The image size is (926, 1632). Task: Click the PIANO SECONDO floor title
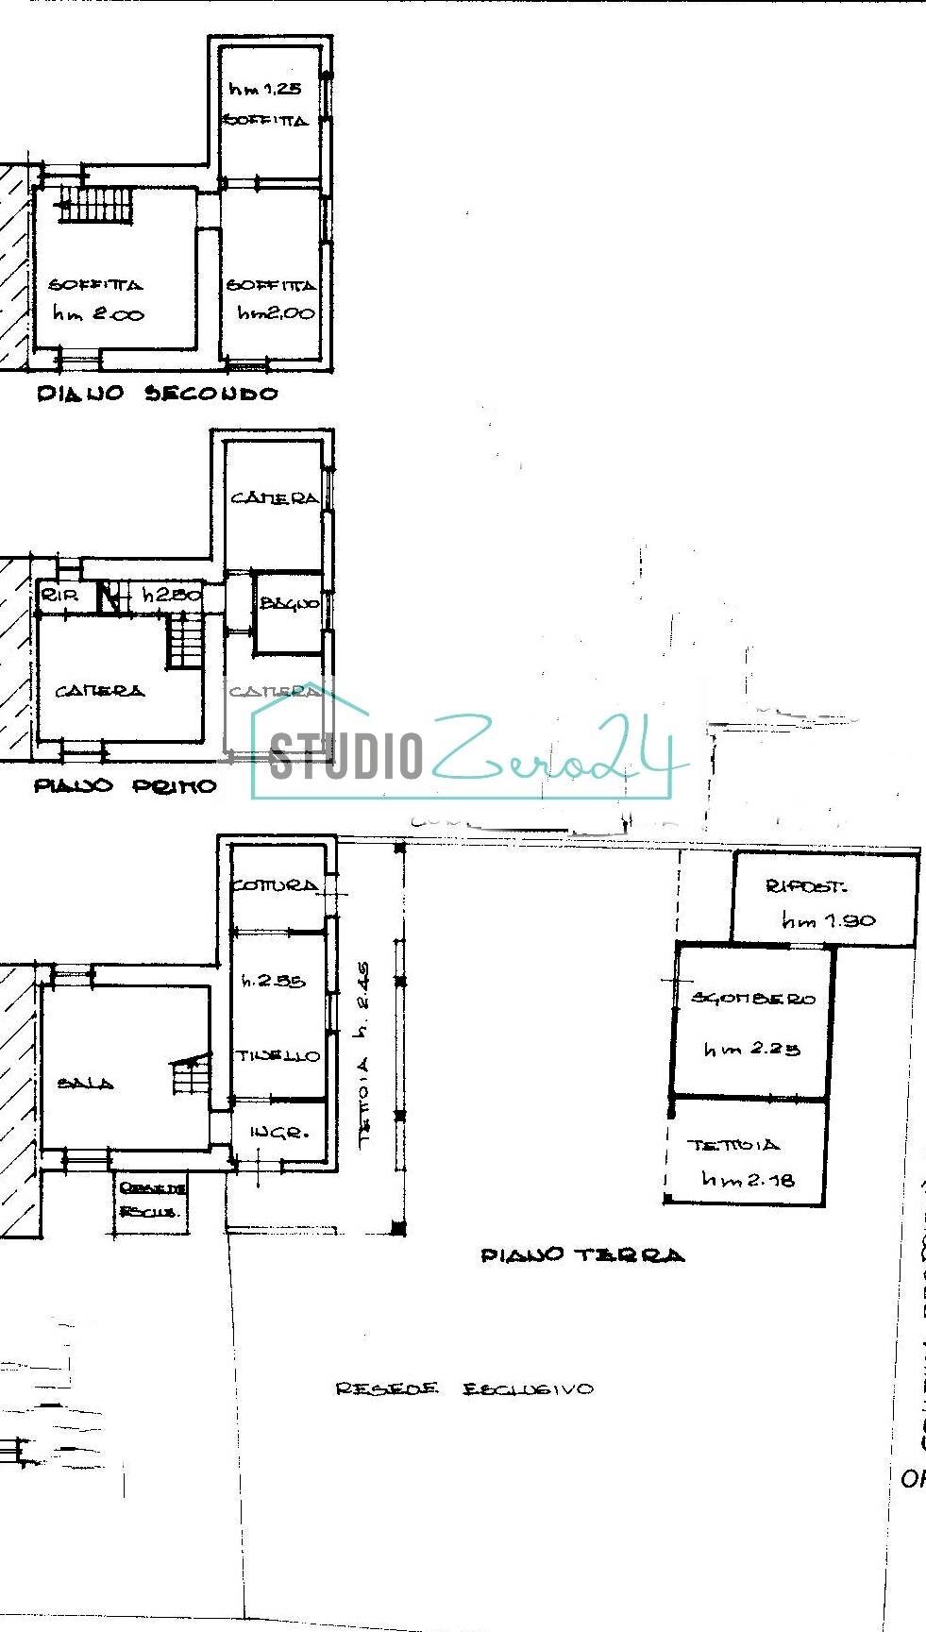click(x=158, y=394)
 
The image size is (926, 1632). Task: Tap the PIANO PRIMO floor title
click(x=126, y=785)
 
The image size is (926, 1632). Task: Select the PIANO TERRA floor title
click(x=582, y=1254)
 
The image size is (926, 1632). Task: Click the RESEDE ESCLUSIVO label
click(x=464, y=1388)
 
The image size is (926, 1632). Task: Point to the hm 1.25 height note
click(x=264, y=89)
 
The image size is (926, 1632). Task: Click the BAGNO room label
click(x=289, y=603)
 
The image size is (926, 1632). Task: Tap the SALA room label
click(x=85, y=1084)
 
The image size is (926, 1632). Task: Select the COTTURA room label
click(x=275, y=885)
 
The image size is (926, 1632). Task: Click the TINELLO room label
click(x=278, y=1056)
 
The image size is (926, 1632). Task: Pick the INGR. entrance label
click(x=279, y=1132)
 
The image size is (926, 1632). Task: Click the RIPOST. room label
click(x=806, y=886)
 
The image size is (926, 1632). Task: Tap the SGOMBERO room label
click(x=753, y=998)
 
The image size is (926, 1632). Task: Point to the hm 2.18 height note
click(x=748, y=1179)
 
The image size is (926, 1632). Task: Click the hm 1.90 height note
click(x=828, y=920)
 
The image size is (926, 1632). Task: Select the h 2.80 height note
click(x=171, y=595)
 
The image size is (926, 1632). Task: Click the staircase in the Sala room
click(x=192, y=1074)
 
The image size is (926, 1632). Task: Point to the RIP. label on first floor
click(x=59, y=595)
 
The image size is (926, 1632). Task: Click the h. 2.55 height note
click(x=274, y=981)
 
